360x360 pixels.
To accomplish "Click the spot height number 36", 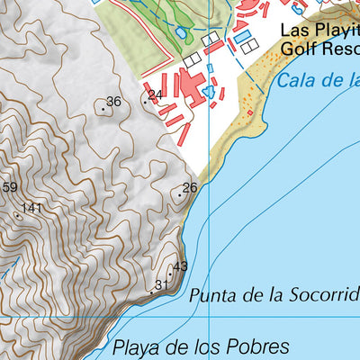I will click(113, 102).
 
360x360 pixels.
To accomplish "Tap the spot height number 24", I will click(155, 94).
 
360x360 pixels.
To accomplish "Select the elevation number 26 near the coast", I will click(190, 187).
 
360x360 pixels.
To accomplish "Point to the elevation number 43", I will click(180, 266).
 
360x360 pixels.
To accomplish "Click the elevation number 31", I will click(162, 285).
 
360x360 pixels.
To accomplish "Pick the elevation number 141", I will click(32, 208).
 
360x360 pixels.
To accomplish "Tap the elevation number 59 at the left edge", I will click(9, 187).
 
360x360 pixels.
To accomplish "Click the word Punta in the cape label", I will click(213, 295).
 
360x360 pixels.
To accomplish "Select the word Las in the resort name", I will click(293, 30).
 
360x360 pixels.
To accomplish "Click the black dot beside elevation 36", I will click(104, 111).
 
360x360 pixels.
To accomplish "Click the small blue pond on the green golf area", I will click(182, 32).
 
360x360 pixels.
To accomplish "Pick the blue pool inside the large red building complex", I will click(210, 92).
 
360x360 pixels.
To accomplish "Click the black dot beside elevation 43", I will click(171, 267).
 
